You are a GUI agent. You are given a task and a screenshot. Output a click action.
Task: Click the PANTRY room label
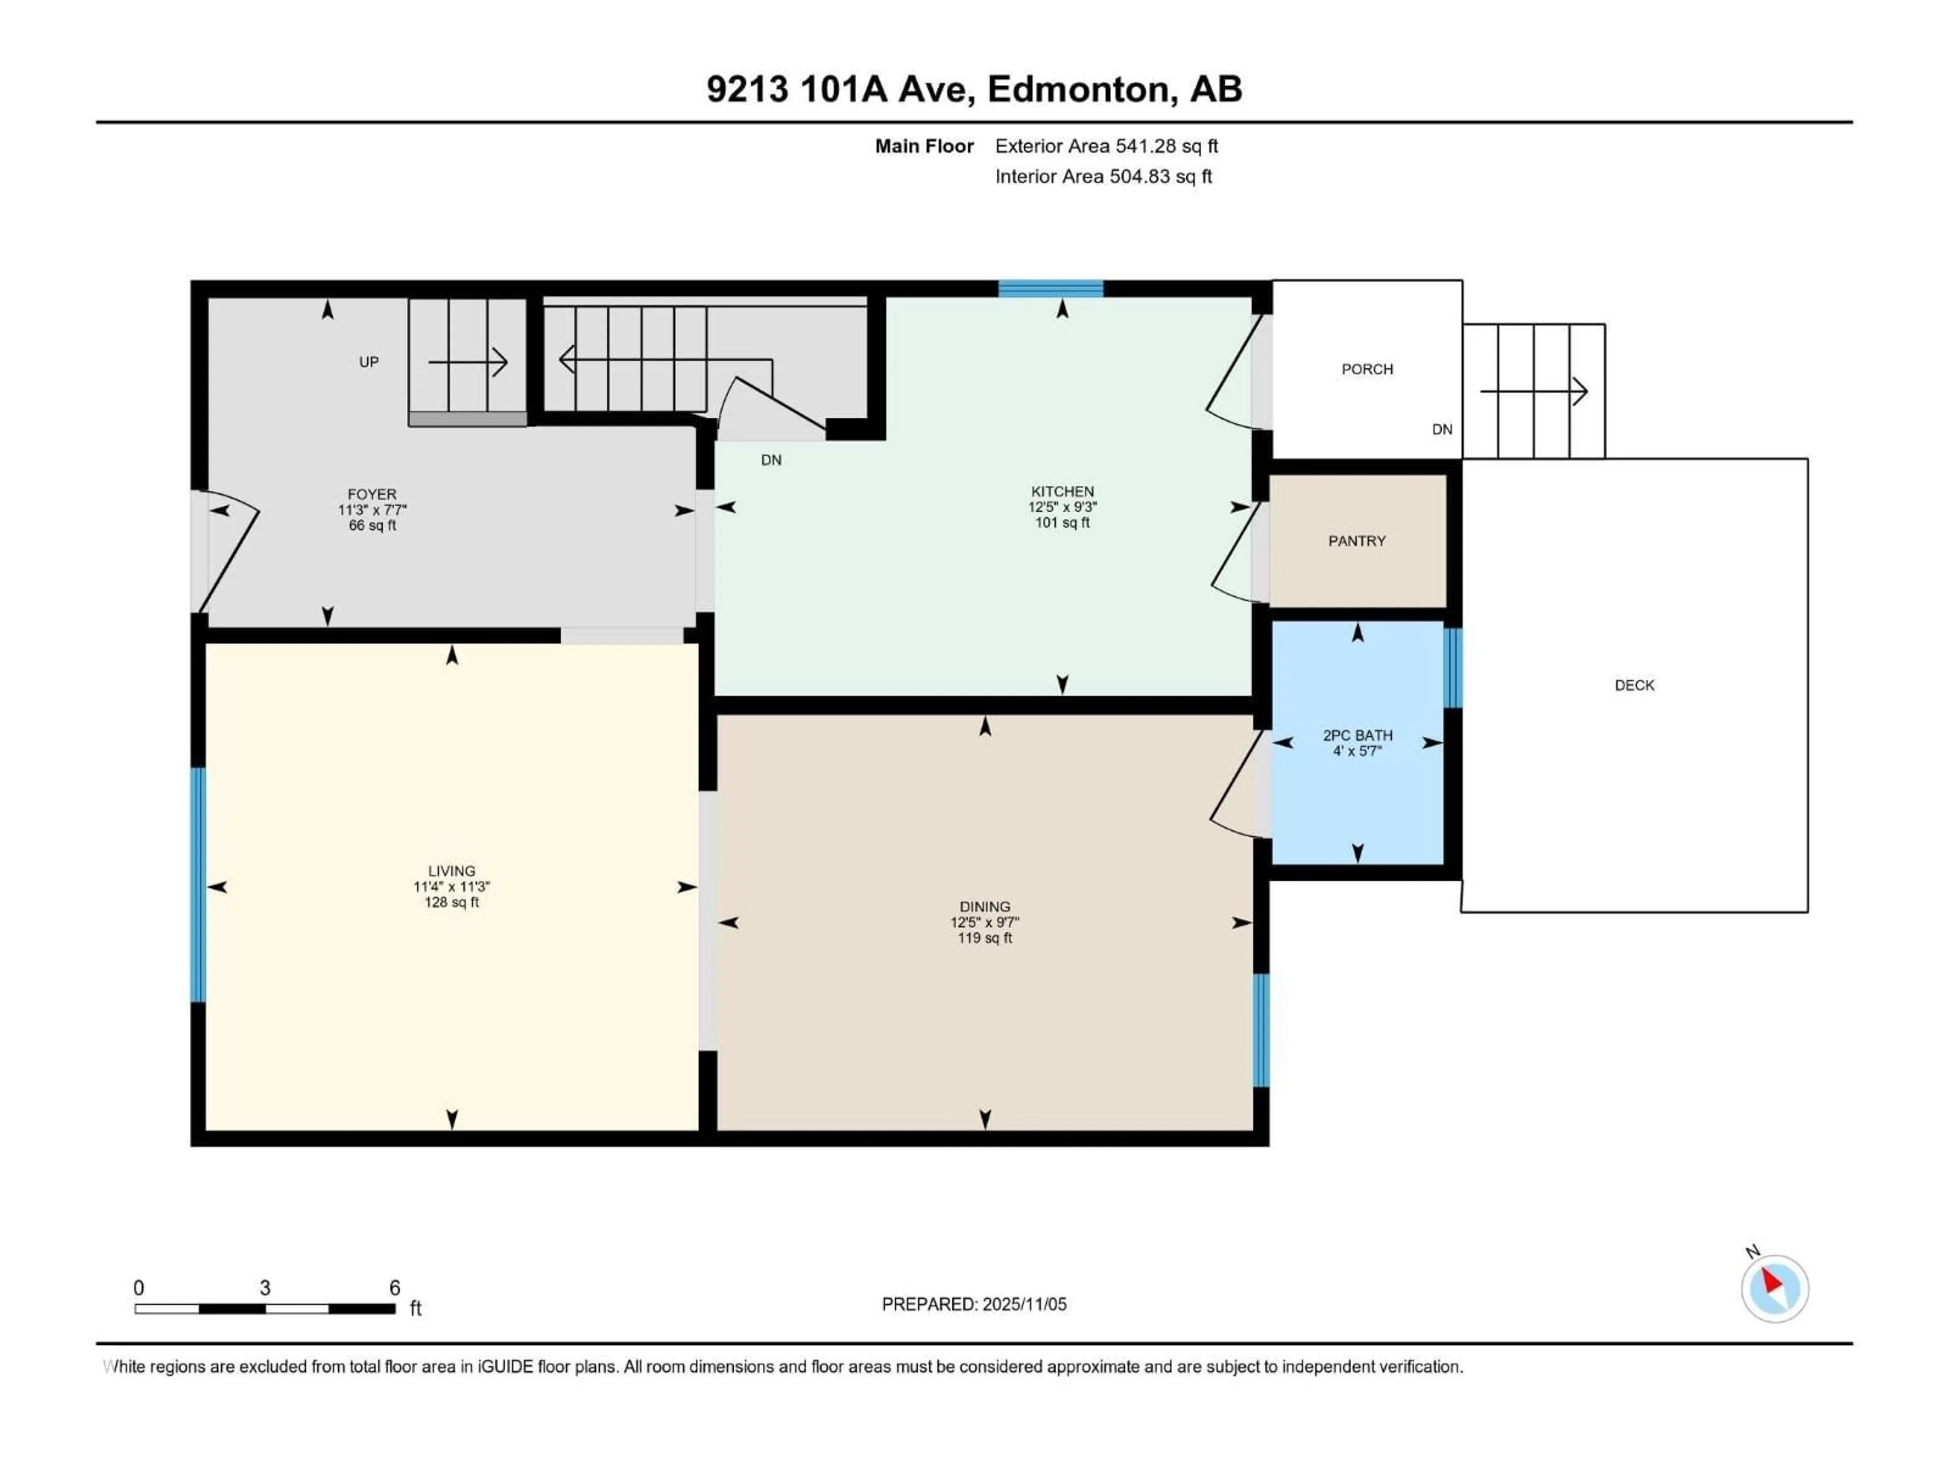pyautogui.click(x=1357, y=541)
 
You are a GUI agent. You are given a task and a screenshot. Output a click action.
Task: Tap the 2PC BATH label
pyautogui.click(x=1357, y=735)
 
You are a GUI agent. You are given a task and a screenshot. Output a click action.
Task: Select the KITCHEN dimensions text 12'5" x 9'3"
pyautogui.click(x=1062, y=507)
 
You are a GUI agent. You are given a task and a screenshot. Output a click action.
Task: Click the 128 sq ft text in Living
pyautogui.click(x=451, y=903)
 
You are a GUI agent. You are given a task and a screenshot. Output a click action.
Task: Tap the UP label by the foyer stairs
pyautogui.click(x=369, y=361)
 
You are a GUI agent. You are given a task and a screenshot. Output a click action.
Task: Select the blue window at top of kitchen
pyautogui.click(x=1051, y=288)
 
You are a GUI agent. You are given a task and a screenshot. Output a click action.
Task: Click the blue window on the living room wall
pyautogui.click(x=199, y=885)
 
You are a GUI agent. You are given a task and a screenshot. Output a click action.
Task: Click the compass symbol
pyautogui.click(x=1775, y=1288)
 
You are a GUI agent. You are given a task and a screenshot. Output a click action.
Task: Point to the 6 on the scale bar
pyautogui.click(x=395, y=1287)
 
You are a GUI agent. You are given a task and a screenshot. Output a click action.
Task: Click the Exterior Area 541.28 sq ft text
pyautogui.click(x=1107, y=146)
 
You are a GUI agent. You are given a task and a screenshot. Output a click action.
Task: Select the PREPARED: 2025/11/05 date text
pyautogui.click(x=974, y=1304)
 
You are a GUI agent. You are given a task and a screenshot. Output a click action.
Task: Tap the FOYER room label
pyautogui.click(x=372, y=494)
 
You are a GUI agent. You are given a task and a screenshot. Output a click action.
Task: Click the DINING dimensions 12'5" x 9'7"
pyautogui.click(x=985, y=922)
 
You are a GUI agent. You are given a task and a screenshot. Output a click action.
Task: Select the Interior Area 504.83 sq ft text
pyautogui.click(x=1103, y=176)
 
